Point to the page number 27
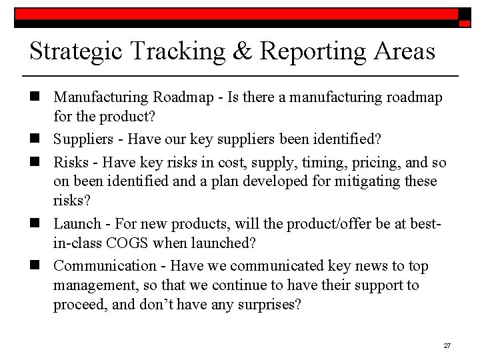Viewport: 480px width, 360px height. (x=447, y=346)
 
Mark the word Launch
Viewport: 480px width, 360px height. (x=76, y=224)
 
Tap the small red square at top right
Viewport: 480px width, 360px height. (x=465, y=23)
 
